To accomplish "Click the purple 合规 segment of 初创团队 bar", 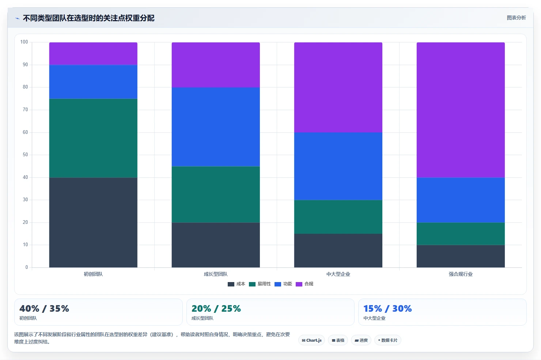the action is click(x=93, y=54).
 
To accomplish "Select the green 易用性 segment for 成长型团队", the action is click(x=216, y=194).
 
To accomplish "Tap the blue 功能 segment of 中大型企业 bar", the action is click(x=338, y=166).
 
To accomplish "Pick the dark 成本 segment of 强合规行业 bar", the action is click(x=461, y=256).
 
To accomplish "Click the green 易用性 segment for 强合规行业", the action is click(x=461, y=234).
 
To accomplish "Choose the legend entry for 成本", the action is click(x=237, y=284).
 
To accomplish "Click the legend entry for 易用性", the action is click(x=260, y=284).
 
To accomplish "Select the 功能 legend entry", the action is click(x=283, y=284).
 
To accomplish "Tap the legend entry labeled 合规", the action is click(x=304, y=284).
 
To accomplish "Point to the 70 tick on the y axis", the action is click(x=25, y=110).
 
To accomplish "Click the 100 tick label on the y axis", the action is click(x=24, y=42).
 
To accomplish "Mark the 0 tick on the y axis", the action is click(x=27, y=267).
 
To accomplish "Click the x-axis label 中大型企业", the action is click(x=338, y=274).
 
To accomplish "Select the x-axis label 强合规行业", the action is click(x=461, y=274).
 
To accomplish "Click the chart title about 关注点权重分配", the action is click(x=88, y=18).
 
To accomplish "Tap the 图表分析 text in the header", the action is click(x=517, y=18).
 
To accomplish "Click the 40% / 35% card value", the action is click(x=44, y=309).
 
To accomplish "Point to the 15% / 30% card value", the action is click(x=387, y=309).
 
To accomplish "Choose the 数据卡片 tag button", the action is click(x=387, y=340).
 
